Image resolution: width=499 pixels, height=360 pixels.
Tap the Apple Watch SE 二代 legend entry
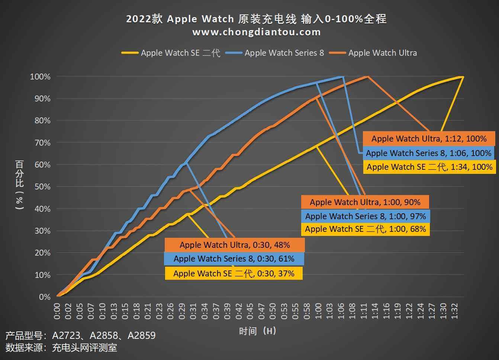[180, 53]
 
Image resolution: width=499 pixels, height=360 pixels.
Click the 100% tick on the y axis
[40, 77]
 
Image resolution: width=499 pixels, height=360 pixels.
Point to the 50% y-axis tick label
[42, 187]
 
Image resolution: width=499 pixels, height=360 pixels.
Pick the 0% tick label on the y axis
[45, 297]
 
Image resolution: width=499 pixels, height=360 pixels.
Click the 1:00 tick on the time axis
[318, 311]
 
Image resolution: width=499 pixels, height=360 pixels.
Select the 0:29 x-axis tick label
[182, 311]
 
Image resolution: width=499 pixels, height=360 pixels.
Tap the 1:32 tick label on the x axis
[454, 311]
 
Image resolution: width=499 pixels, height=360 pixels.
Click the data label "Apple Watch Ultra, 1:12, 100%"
[429, 139]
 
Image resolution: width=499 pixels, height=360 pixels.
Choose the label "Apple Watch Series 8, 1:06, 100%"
[428, 153]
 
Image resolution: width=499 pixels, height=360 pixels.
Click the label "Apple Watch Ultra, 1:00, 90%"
[365, 202]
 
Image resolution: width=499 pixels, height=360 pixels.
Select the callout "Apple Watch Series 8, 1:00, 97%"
[366, 216]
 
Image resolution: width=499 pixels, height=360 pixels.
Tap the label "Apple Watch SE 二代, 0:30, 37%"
[234, 273]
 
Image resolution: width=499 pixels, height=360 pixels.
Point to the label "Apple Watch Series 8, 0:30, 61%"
[234, 259]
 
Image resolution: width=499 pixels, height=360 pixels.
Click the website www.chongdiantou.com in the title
[256, 32]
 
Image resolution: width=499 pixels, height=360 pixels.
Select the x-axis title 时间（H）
[257, 331]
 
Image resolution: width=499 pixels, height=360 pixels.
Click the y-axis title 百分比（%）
[19, 185]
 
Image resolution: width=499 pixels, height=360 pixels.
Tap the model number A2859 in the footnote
[142, 335]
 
